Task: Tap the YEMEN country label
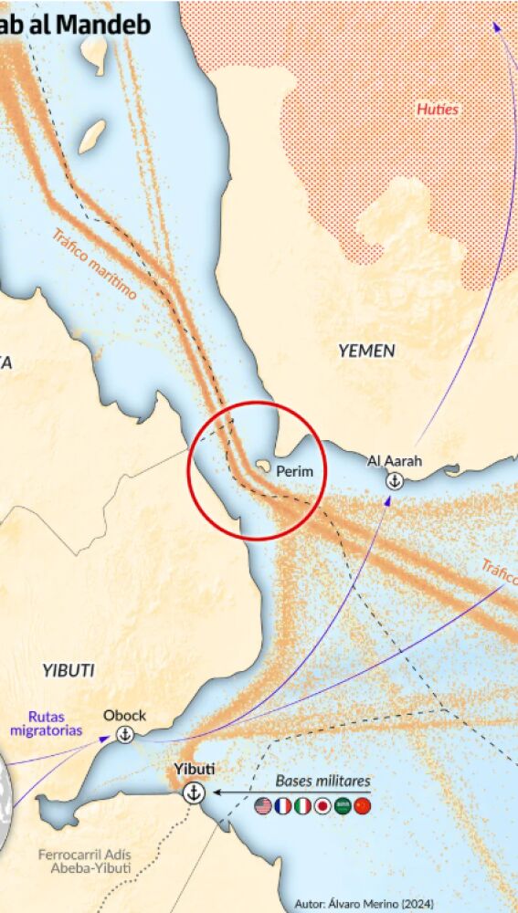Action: (x=366, y=351)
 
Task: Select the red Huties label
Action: (x=438, y=110)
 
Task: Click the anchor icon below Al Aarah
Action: (x=394, y=480)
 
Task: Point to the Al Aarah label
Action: (x=395, y=460)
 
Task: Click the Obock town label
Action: (x=124, y=715)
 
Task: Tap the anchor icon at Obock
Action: (x=125, y=734)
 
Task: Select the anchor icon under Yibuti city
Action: (x=194, y=792)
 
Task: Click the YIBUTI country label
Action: (x=68, y=670)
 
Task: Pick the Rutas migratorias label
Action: (x=46, y=723)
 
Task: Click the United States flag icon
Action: (x=263, y=806)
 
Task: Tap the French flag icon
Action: (x=283, y=806)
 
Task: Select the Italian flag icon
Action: (x=302, y=806)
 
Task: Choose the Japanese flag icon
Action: (x=322, y=806)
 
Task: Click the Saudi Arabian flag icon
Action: (x=343, y=806)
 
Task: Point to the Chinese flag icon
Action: (x=363, y=806)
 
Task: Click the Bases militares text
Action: (x=323, y=782)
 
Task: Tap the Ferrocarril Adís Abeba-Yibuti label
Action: (x=83, y=861)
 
